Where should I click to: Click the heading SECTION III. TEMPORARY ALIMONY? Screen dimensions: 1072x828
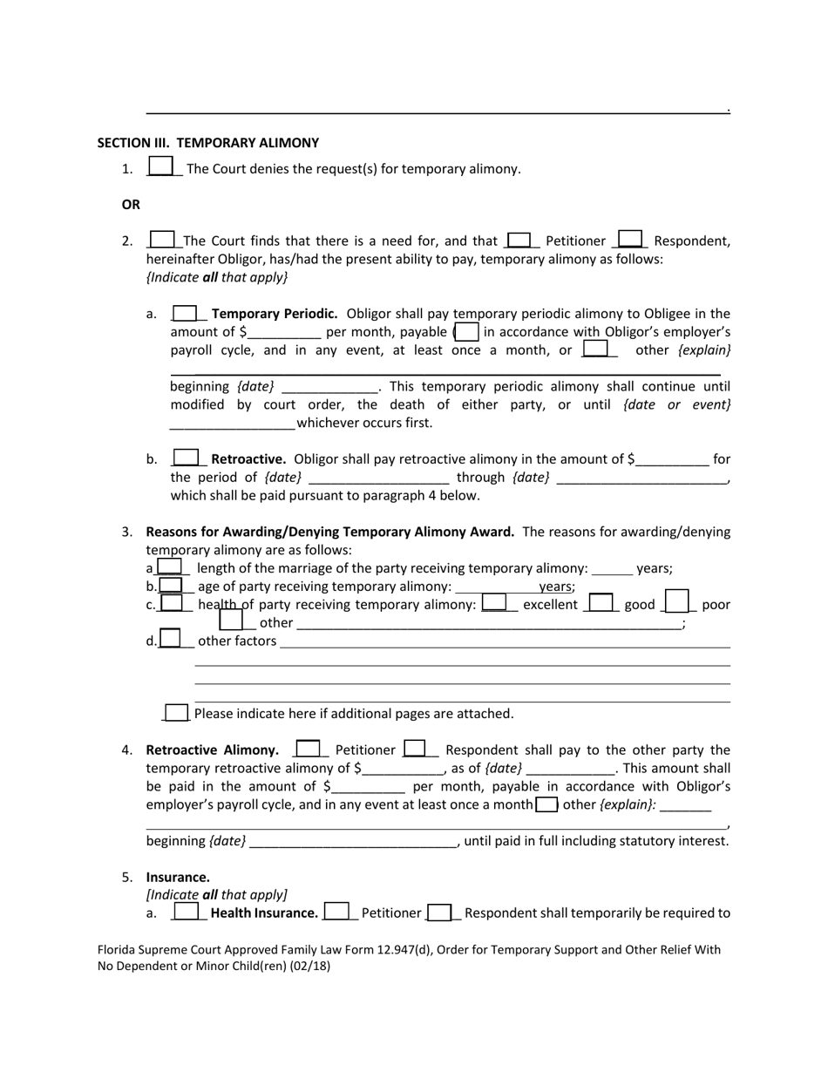tap(207, 143)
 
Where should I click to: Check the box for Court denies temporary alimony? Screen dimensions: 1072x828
tap(161, 166)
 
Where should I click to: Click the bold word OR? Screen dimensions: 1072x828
tap(131, 205)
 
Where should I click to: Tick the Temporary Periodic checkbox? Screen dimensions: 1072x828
tap(186, 313)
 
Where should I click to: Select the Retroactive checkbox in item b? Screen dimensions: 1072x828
tap(187, 458)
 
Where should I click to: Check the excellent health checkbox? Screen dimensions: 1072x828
tap(494, 602)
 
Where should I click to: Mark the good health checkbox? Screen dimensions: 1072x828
tap(601, 602)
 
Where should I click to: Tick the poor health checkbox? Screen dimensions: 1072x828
tap(678, 602)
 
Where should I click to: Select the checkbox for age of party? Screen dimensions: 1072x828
tap(171, 586)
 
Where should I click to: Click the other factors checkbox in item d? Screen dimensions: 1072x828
tap(170, 639)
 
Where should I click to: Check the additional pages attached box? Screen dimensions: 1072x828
tap(176, 713)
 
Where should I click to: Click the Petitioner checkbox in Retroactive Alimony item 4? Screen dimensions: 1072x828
tap(308, 749)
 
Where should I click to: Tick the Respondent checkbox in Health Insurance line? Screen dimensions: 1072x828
tap(440, 913)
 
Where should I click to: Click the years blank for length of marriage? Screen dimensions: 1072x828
tap(612, 569)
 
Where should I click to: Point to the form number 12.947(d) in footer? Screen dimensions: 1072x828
tap(426, 950)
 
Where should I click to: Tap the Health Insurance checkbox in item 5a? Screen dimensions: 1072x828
tap(186, 913)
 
